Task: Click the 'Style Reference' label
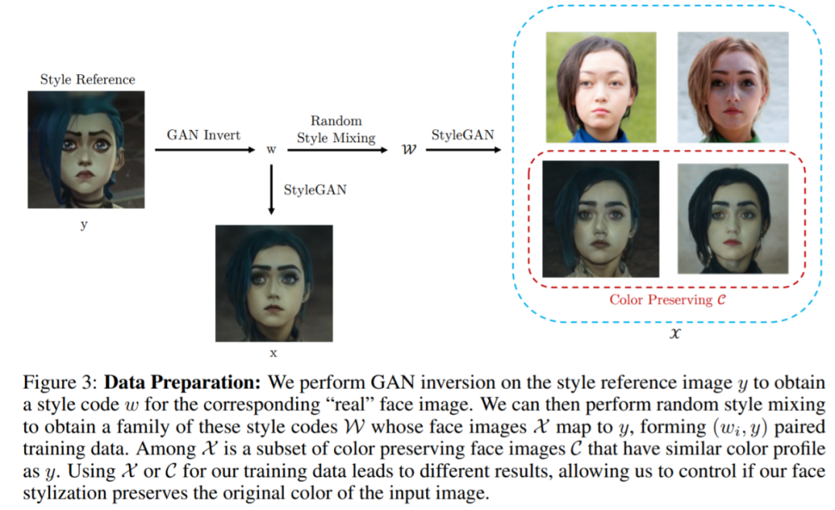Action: point(87,80)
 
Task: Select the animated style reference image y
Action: point(86,149)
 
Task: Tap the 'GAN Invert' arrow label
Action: point(203,134)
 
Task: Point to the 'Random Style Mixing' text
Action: point(336,129)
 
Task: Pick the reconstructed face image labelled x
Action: point(274,283)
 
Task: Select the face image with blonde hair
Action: point(732,87)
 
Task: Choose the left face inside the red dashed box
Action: point(601,219)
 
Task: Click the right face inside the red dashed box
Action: point(732,219)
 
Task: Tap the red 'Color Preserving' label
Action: point(666,299)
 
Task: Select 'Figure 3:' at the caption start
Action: point(59,384)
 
